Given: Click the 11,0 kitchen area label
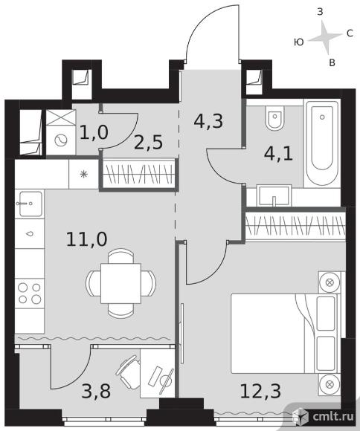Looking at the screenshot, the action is click(x=87, y=239).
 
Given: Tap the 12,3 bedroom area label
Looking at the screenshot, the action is click(x=260, y=391).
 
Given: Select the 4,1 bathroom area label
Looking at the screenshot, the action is click(x=278, y=154).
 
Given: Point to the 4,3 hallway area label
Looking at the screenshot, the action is click(x=208, y=121).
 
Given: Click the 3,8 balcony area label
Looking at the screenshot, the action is click(x=96, y=391).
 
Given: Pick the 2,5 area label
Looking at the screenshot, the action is click(x=148, y=143).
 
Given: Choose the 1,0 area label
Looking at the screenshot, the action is click(x=94, y=132).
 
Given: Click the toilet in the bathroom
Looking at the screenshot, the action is click(x=274, y=118).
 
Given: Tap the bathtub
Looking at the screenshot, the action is click(x=322, y=143).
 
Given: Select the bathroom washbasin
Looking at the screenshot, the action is click(x=274, y=195).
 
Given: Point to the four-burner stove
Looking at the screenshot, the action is click(x=30, y=294).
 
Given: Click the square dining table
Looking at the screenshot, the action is click(x=120, y=283).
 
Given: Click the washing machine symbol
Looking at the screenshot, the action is click(x=61, y=140).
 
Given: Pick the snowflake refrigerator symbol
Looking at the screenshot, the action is click(x=83, y=175).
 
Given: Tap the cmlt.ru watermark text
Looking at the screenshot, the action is click(x=333, y=417).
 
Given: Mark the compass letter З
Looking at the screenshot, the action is click(x=320, y=12).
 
